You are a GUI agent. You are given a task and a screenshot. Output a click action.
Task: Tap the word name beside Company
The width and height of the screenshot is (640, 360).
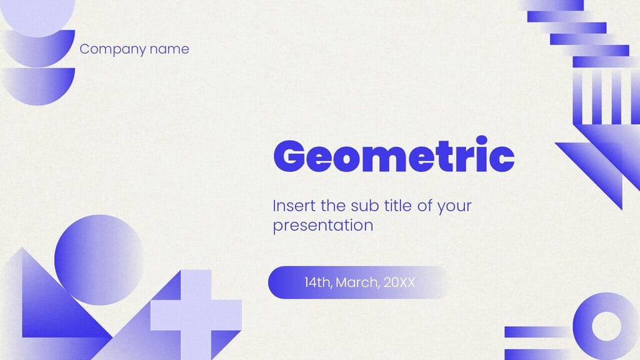pos(169,49)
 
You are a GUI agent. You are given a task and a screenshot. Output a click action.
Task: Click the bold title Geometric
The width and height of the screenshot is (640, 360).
pos(394,155)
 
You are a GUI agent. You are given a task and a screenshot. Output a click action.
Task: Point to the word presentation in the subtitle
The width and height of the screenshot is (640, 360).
pos(323,226)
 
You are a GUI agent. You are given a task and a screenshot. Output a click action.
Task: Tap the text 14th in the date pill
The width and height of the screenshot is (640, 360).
pos(317,282)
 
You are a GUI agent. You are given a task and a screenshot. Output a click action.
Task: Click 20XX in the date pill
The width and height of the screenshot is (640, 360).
pos(399,282)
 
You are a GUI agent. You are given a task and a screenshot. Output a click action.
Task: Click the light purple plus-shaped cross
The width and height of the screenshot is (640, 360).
pos(196,315)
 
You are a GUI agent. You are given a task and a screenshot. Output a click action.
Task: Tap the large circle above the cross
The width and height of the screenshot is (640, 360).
pos(99,259)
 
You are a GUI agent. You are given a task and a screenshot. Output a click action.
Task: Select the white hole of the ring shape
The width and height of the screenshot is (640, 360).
pos(606,326)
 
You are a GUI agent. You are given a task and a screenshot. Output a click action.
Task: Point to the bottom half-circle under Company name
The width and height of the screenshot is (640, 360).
pos(38,86)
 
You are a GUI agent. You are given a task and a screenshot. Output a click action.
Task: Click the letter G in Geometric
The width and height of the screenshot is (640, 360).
pos(289,156)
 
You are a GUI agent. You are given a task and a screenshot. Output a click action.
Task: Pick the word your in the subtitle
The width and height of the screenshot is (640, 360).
pos(454,206)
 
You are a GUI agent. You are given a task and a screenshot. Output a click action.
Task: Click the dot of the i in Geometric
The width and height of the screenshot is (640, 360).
pos(482,141)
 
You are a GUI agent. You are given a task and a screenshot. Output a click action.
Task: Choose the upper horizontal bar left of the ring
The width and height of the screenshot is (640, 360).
pos(539,332)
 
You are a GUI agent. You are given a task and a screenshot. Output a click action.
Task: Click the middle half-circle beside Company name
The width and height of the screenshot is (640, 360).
pos(38,48)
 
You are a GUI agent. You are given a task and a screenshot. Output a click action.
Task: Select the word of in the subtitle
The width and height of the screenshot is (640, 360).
pos(425,205)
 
